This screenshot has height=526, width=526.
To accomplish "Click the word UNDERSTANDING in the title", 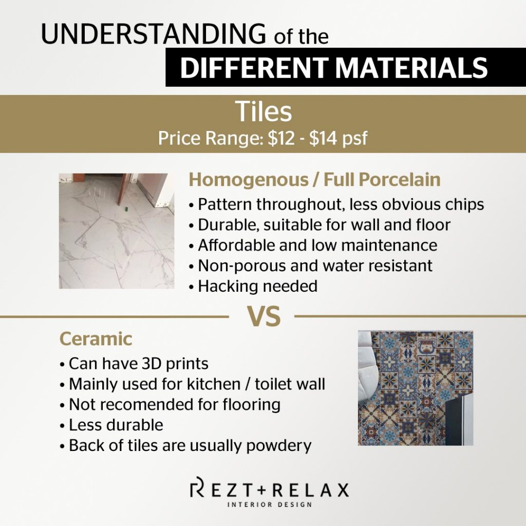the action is point(154,33).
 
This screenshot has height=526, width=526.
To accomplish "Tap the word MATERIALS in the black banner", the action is point(411,68).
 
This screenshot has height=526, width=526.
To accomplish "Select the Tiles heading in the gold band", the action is point(264,111).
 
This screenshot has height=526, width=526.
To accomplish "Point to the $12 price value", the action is point(281,138).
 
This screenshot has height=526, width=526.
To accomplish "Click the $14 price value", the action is point(323,138).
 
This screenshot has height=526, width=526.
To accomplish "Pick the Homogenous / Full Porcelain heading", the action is point(314,179).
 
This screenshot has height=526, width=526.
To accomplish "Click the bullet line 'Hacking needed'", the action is point(253,286).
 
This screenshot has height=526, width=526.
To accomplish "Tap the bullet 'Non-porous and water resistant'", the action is point(311,266).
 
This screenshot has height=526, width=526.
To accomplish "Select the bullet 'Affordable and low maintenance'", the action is point(313,245).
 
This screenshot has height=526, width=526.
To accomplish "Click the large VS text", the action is point(264,316).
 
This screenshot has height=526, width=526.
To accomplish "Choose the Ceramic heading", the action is point(96,339).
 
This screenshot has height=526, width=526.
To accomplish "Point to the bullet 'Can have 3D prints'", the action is point(134,364).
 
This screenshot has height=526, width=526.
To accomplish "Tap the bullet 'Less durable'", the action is point(111,425).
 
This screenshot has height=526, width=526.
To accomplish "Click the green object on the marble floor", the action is point(126,210).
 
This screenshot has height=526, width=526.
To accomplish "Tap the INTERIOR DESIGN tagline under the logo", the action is point(270,504).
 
